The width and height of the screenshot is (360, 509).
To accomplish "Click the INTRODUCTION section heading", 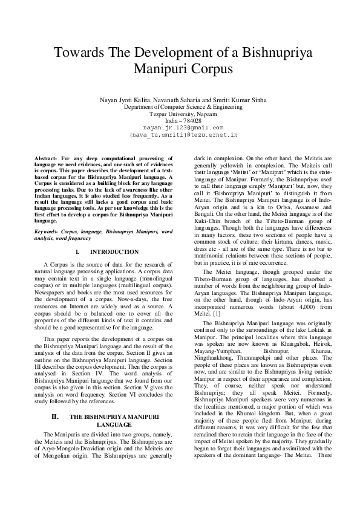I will point(114,252).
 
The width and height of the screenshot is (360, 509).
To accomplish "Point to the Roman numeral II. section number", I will point(54,383).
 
